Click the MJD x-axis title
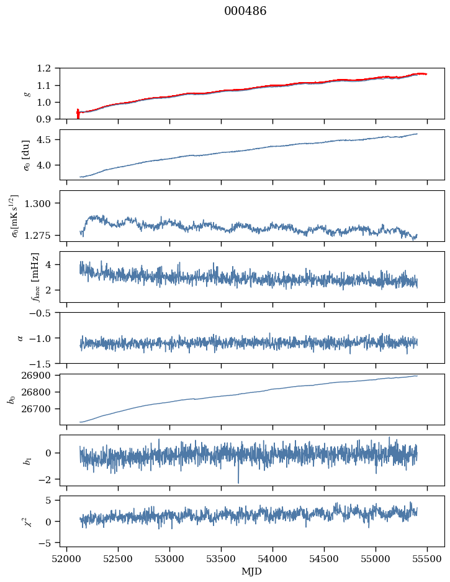tap(252, 571)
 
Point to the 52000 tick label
tap(67, 558)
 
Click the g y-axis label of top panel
tap(27, 93)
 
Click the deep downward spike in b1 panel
tap(238, 481)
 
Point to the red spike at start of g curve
tap(78, 113)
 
